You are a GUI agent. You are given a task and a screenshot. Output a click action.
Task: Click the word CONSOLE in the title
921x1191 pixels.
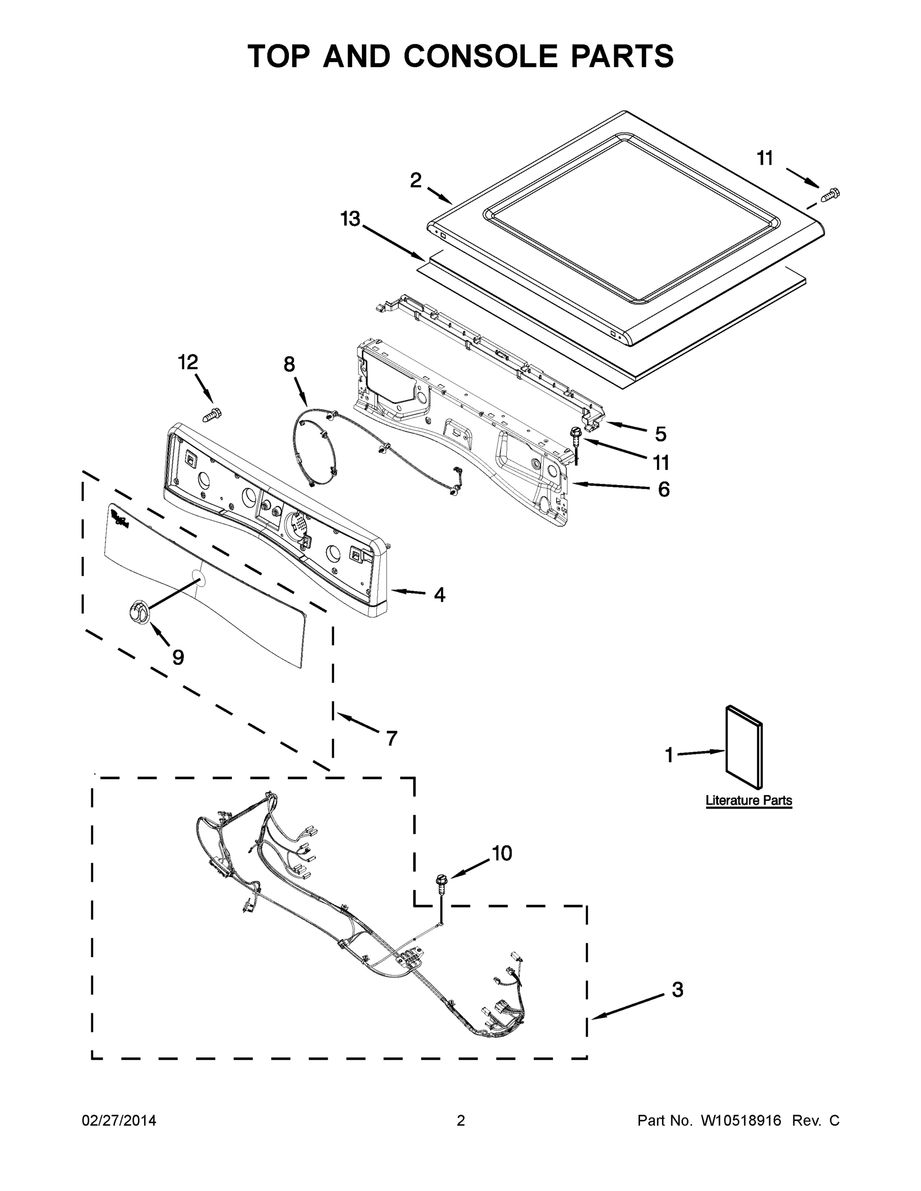[482, 56]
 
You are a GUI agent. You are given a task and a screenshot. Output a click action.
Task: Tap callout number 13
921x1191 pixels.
[351, 219]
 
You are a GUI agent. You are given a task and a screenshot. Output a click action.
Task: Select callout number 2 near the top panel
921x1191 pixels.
[416, 181]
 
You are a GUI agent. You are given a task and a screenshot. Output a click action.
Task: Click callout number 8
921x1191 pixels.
[289, 364]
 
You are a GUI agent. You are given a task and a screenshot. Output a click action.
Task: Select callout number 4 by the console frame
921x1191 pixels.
[439, 595]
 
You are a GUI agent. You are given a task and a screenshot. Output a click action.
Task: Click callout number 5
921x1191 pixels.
[660, 434]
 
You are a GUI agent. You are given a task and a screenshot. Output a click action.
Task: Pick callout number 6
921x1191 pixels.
[663, 489]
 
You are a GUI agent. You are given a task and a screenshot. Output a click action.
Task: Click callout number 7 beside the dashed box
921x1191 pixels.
[391, 738]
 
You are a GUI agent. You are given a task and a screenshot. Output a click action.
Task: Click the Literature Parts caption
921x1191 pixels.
[749, 800]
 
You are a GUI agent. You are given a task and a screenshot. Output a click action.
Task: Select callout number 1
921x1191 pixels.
[669, 755]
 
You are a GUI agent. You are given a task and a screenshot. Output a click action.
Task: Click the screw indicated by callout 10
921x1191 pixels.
[440, 882]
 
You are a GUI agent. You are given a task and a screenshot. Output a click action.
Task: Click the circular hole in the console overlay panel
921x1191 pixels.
[199, 578]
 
